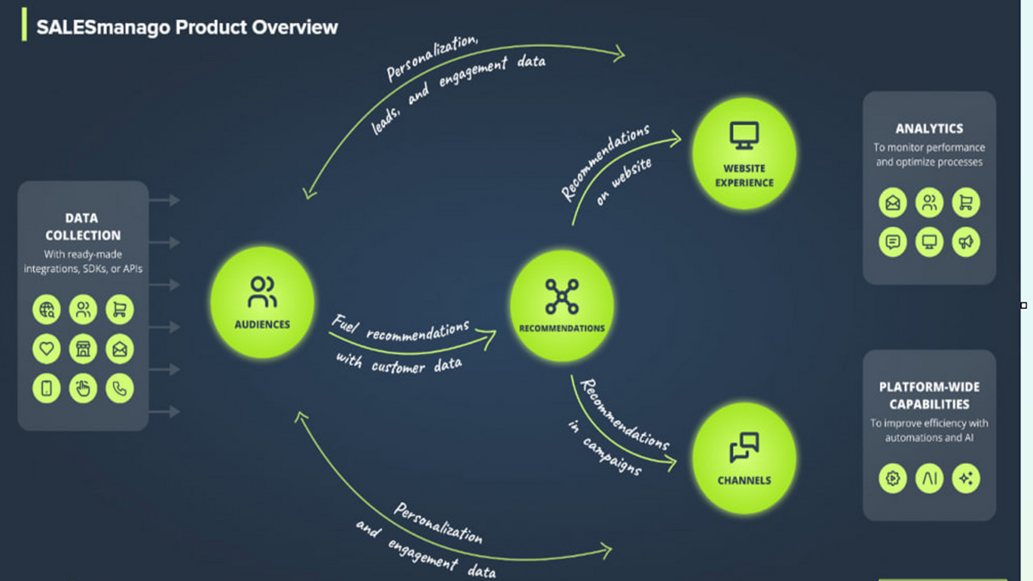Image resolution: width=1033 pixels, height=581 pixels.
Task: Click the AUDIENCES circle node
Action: (262, 302)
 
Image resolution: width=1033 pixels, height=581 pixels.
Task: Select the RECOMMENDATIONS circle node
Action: (562, 305)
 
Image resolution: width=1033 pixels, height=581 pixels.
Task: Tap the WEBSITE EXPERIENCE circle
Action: (744, 153)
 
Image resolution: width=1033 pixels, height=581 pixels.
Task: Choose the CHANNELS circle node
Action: (744, 458)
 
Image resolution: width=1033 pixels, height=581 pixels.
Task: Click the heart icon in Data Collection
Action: (47, 349)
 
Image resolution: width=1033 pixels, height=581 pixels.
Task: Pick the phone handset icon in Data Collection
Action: (119, 388)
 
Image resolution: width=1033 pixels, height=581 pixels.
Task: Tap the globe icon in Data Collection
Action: (47, 309)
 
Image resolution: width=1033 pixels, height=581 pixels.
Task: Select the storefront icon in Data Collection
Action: (83, 349)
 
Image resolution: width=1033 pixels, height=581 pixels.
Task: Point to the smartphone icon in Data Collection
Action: (47, 388)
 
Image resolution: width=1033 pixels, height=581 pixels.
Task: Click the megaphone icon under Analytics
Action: (966, 241)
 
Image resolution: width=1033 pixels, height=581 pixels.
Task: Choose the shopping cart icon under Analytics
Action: (966, 203)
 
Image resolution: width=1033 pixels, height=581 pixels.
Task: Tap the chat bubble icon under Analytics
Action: (893, 241)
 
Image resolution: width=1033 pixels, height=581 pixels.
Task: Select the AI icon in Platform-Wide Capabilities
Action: (930, 478)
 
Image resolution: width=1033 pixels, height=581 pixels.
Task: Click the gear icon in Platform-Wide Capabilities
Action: (893, 478)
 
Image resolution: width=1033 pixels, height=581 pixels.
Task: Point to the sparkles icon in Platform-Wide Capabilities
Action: (966, 478)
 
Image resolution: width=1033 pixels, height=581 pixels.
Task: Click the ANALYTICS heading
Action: (929, 128)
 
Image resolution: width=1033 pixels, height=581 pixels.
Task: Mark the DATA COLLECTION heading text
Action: (83, 227)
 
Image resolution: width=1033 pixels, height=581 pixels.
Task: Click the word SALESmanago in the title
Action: (103, 27)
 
